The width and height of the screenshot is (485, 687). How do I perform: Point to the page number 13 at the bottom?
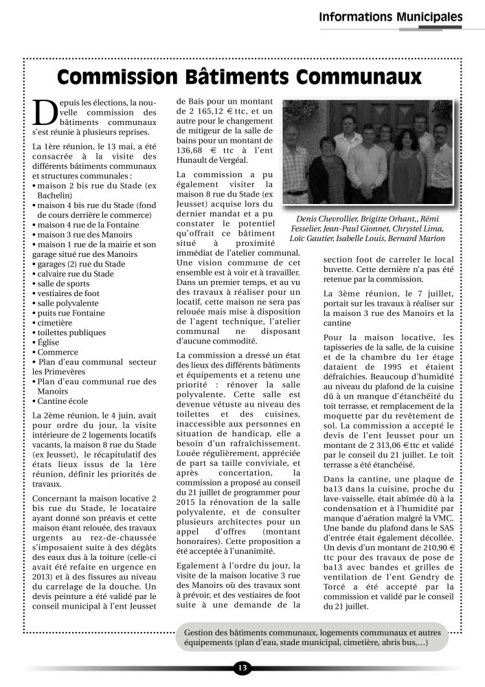click(x=242, y=668)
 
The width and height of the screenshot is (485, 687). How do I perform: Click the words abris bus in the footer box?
click(x=401, y=642)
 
